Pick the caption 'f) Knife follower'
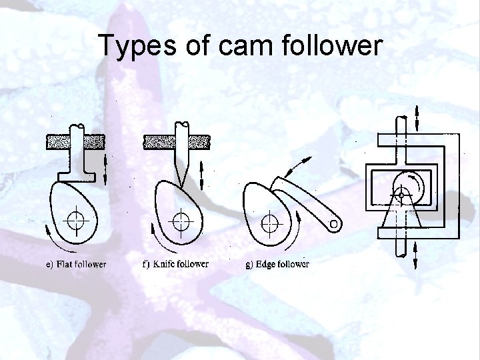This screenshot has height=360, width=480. pyautogui.click(x=175, y=264)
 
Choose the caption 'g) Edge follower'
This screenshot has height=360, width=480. pyautogui.click(x=278, y=265)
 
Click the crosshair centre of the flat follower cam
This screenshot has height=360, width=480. pyautogui.click(x=77, y=219)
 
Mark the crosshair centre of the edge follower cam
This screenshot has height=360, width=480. pyautogui.click(x=270, y=221)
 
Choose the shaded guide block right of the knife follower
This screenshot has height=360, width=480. pyautogui.click(x=199, y=141)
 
